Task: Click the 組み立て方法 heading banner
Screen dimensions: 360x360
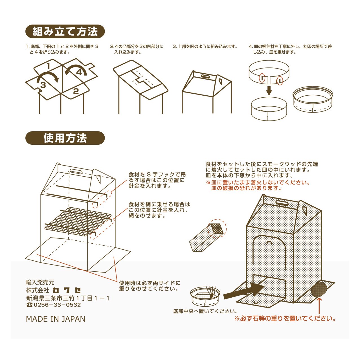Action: coord(65,32)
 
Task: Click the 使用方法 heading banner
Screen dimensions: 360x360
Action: coord(65,138)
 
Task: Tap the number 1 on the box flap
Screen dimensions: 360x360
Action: coord(49,67)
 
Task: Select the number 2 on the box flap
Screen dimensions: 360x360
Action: coord(76,91)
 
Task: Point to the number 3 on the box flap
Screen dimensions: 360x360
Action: coord(43,85)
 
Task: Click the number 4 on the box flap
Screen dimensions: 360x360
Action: coord(79,72)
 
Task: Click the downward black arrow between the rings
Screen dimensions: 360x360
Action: coord(269,91)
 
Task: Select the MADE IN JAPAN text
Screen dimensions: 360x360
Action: coord(56,319)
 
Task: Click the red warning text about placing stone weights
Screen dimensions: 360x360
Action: coord(285,319)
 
